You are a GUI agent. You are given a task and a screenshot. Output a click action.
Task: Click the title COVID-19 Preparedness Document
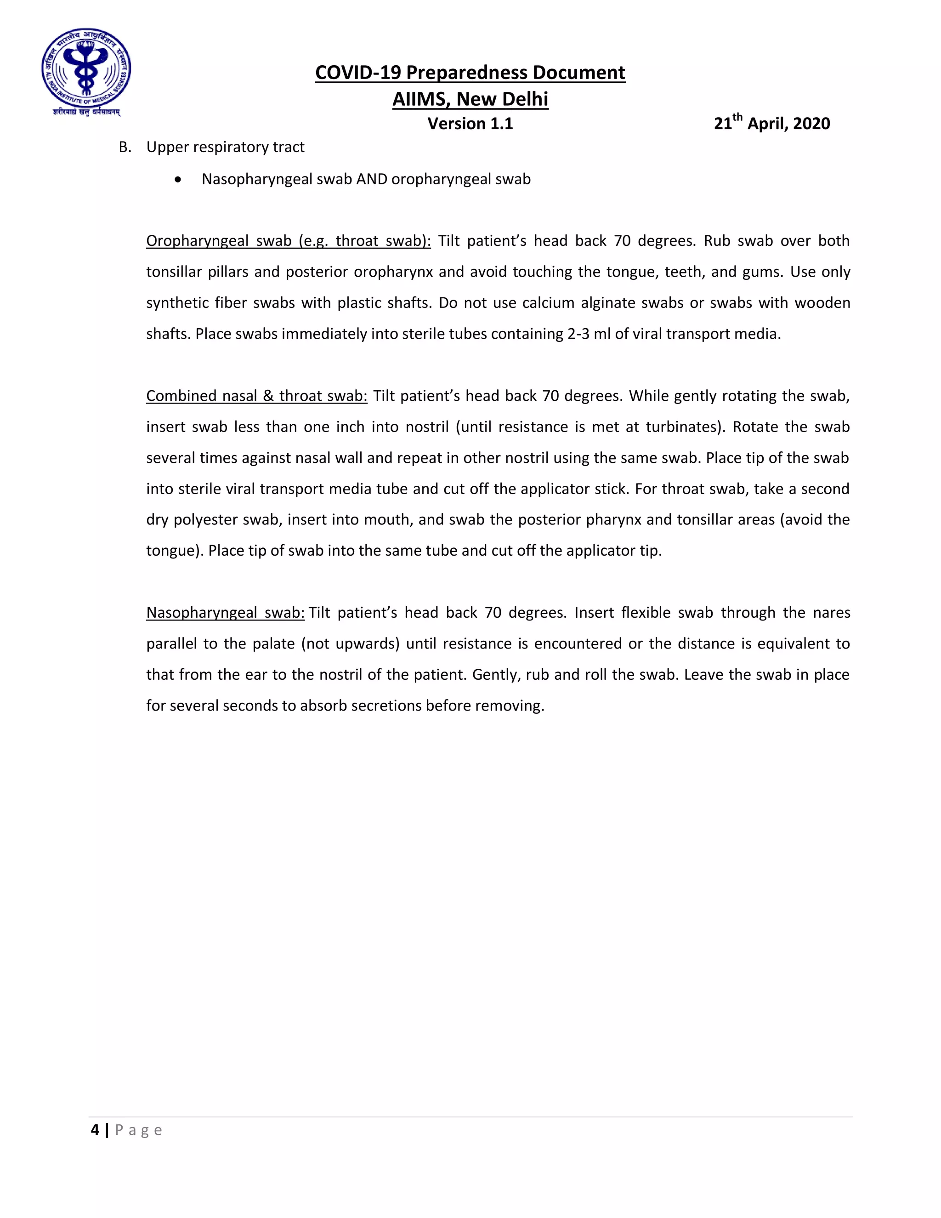[470, 73]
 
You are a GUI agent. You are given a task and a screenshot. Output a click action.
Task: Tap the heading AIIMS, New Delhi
[470, 99]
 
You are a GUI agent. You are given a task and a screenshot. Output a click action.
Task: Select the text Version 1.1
[470, 123]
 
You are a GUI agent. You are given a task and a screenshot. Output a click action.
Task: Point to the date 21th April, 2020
[771, 123]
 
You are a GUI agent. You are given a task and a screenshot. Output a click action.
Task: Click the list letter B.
[125, 147]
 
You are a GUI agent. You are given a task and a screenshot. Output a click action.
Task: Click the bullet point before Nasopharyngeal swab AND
[177, 180]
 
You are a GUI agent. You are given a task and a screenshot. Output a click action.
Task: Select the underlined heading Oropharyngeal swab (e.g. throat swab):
[288, 241]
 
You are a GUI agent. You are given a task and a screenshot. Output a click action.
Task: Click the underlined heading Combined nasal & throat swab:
[256, 396]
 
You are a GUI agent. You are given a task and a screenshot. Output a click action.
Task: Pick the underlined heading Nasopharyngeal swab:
[225, 613]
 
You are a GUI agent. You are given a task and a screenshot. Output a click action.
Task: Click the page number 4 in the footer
[95, 1130]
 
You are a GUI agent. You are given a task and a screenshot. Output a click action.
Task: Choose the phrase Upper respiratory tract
[225, 147]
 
